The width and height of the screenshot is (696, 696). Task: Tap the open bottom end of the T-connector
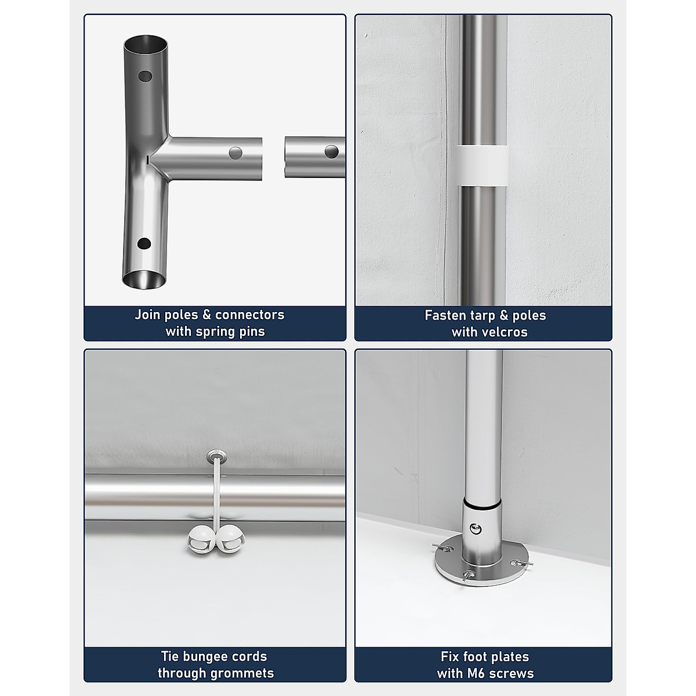click(144, 280)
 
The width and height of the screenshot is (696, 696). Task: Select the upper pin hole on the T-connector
click(145, 76)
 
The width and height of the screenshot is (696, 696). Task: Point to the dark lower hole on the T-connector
click(144, 244)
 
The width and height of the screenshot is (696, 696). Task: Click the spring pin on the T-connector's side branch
click(236, 153)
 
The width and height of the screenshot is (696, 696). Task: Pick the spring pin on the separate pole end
click(332, 152)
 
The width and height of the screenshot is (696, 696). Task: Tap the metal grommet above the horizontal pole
click(216, 456)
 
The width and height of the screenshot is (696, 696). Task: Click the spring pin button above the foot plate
click(475, 529)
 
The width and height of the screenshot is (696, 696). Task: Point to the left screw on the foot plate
click(443, 548)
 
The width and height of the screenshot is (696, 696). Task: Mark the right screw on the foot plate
click(522, 563)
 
